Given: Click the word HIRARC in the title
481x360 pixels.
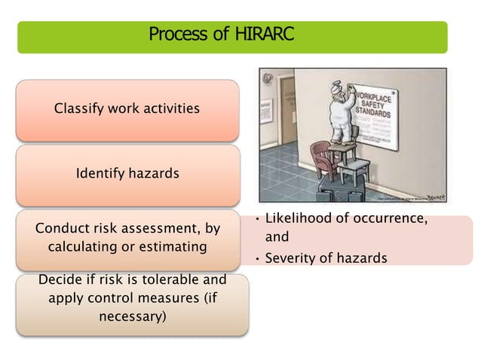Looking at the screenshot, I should coord(263,35).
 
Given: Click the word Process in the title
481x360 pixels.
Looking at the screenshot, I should coord(176,35).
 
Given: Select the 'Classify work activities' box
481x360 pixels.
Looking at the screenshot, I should coord(127,109).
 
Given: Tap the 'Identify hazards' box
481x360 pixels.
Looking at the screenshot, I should coord(127,174).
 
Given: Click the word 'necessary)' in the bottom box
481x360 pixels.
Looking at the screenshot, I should coord(132,316).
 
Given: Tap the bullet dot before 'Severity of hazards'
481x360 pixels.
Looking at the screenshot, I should coord(256,259).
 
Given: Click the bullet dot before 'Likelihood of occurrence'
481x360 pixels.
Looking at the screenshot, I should coord(256,219).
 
